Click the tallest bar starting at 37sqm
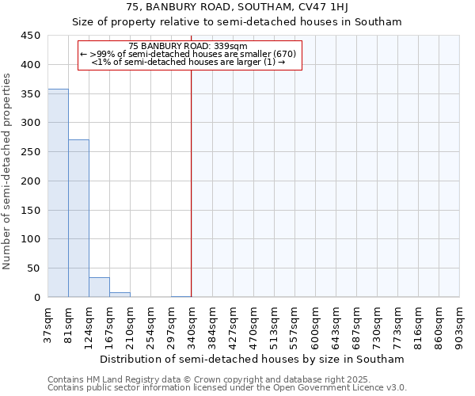click(x=58, y=193)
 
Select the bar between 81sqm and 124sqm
click(x=78, y=219)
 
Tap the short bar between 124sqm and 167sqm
click(x=99, y=287)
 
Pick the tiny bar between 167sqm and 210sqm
click(x=120, y=295)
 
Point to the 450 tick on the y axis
click(x=31, y=36)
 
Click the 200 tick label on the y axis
click(x=31, y=181)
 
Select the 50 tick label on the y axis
click(x=34, y=268)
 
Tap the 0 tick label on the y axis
click(x=37, y=298)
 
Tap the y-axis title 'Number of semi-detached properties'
click(x=7, y=171)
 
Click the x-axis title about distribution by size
click(x=253, y=359)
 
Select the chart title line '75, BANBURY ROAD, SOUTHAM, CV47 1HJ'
click(x=237, y=7)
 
